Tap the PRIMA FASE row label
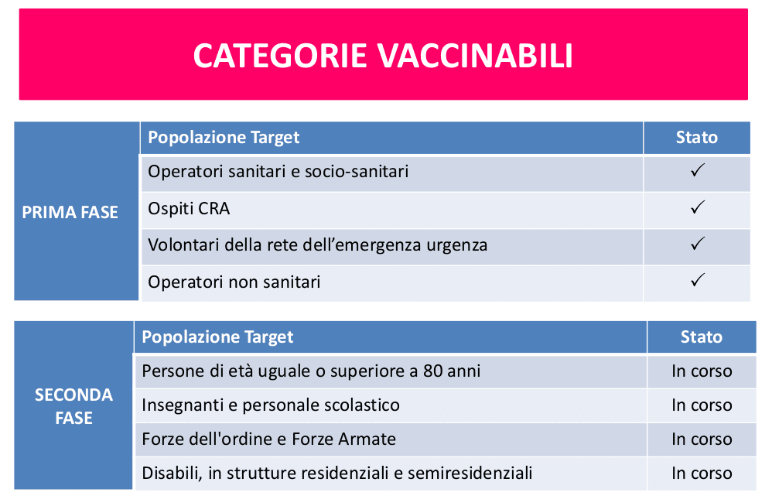(x=70, y=212)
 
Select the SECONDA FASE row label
(x=73, y=406)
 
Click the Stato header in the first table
(x=696, y=138)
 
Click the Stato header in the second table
(x=701, y=337)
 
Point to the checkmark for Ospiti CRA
(x=697, y=207)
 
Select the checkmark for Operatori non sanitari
(x=697, y=280)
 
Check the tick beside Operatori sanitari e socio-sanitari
(x=697, y=170)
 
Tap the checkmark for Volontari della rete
(x=697, y=244)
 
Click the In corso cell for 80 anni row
(x=702, y=371)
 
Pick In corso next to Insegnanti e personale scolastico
(x=702, y=405)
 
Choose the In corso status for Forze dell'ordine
(x=702, y=439)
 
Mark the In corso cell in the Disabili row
(x=702, y=473)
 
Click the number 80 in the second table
(x=432, y=371)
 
